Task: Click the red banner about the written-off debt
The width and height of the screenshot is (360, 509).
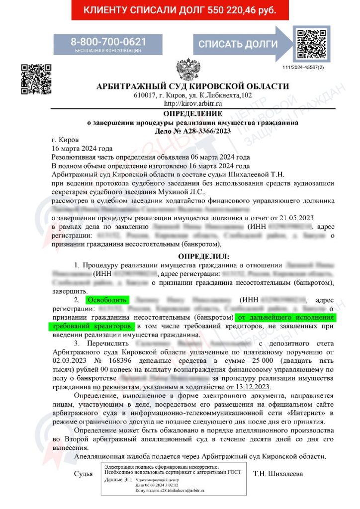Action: click(180, 10)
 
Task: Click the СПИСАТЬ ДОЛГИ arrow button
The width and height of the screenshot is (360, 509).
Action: click(238, 44)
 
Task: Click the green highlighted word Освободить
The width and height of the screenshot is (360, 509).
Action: click(107, 300)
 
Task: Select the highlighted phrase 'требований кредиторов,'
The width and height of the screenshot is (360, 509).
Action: click(91, 326)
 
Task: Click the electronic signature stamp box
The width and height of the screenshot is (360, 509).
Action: click(174, 478)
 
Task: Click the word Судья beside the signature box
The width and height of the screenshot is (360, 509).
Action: click(83, 473)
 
